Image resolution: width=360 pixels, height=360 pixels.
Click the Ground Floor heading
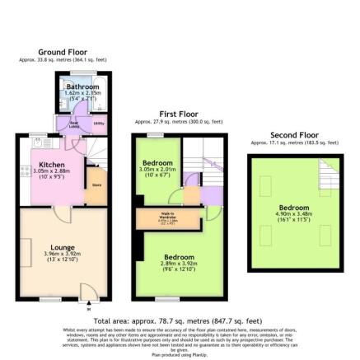[x=62, y=52]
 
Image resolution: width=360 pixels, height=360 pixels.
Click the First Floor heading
[x=178, y=115]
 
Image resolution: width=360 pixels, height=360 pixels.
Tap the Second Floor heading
[x=294, y=135]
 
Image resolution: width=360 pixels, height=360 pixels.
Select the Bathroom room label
[x=82, y=86]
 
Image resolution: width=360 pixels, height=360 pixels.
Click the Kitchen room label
[x=51, y=164]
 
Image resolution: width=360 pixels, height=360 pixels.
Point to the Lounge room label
[x=62, y=246]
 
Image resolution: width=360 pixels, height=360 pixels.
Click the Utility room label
[x=99, y=123]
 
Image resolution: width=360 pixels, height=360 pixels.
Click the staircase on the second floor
[x=329, y=174]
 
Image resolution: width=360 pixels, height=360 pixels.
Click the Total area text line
[x=178, y=320]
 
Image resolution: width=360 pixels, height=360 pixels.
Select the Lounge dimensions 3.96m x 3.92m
[x=62, y=254]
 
